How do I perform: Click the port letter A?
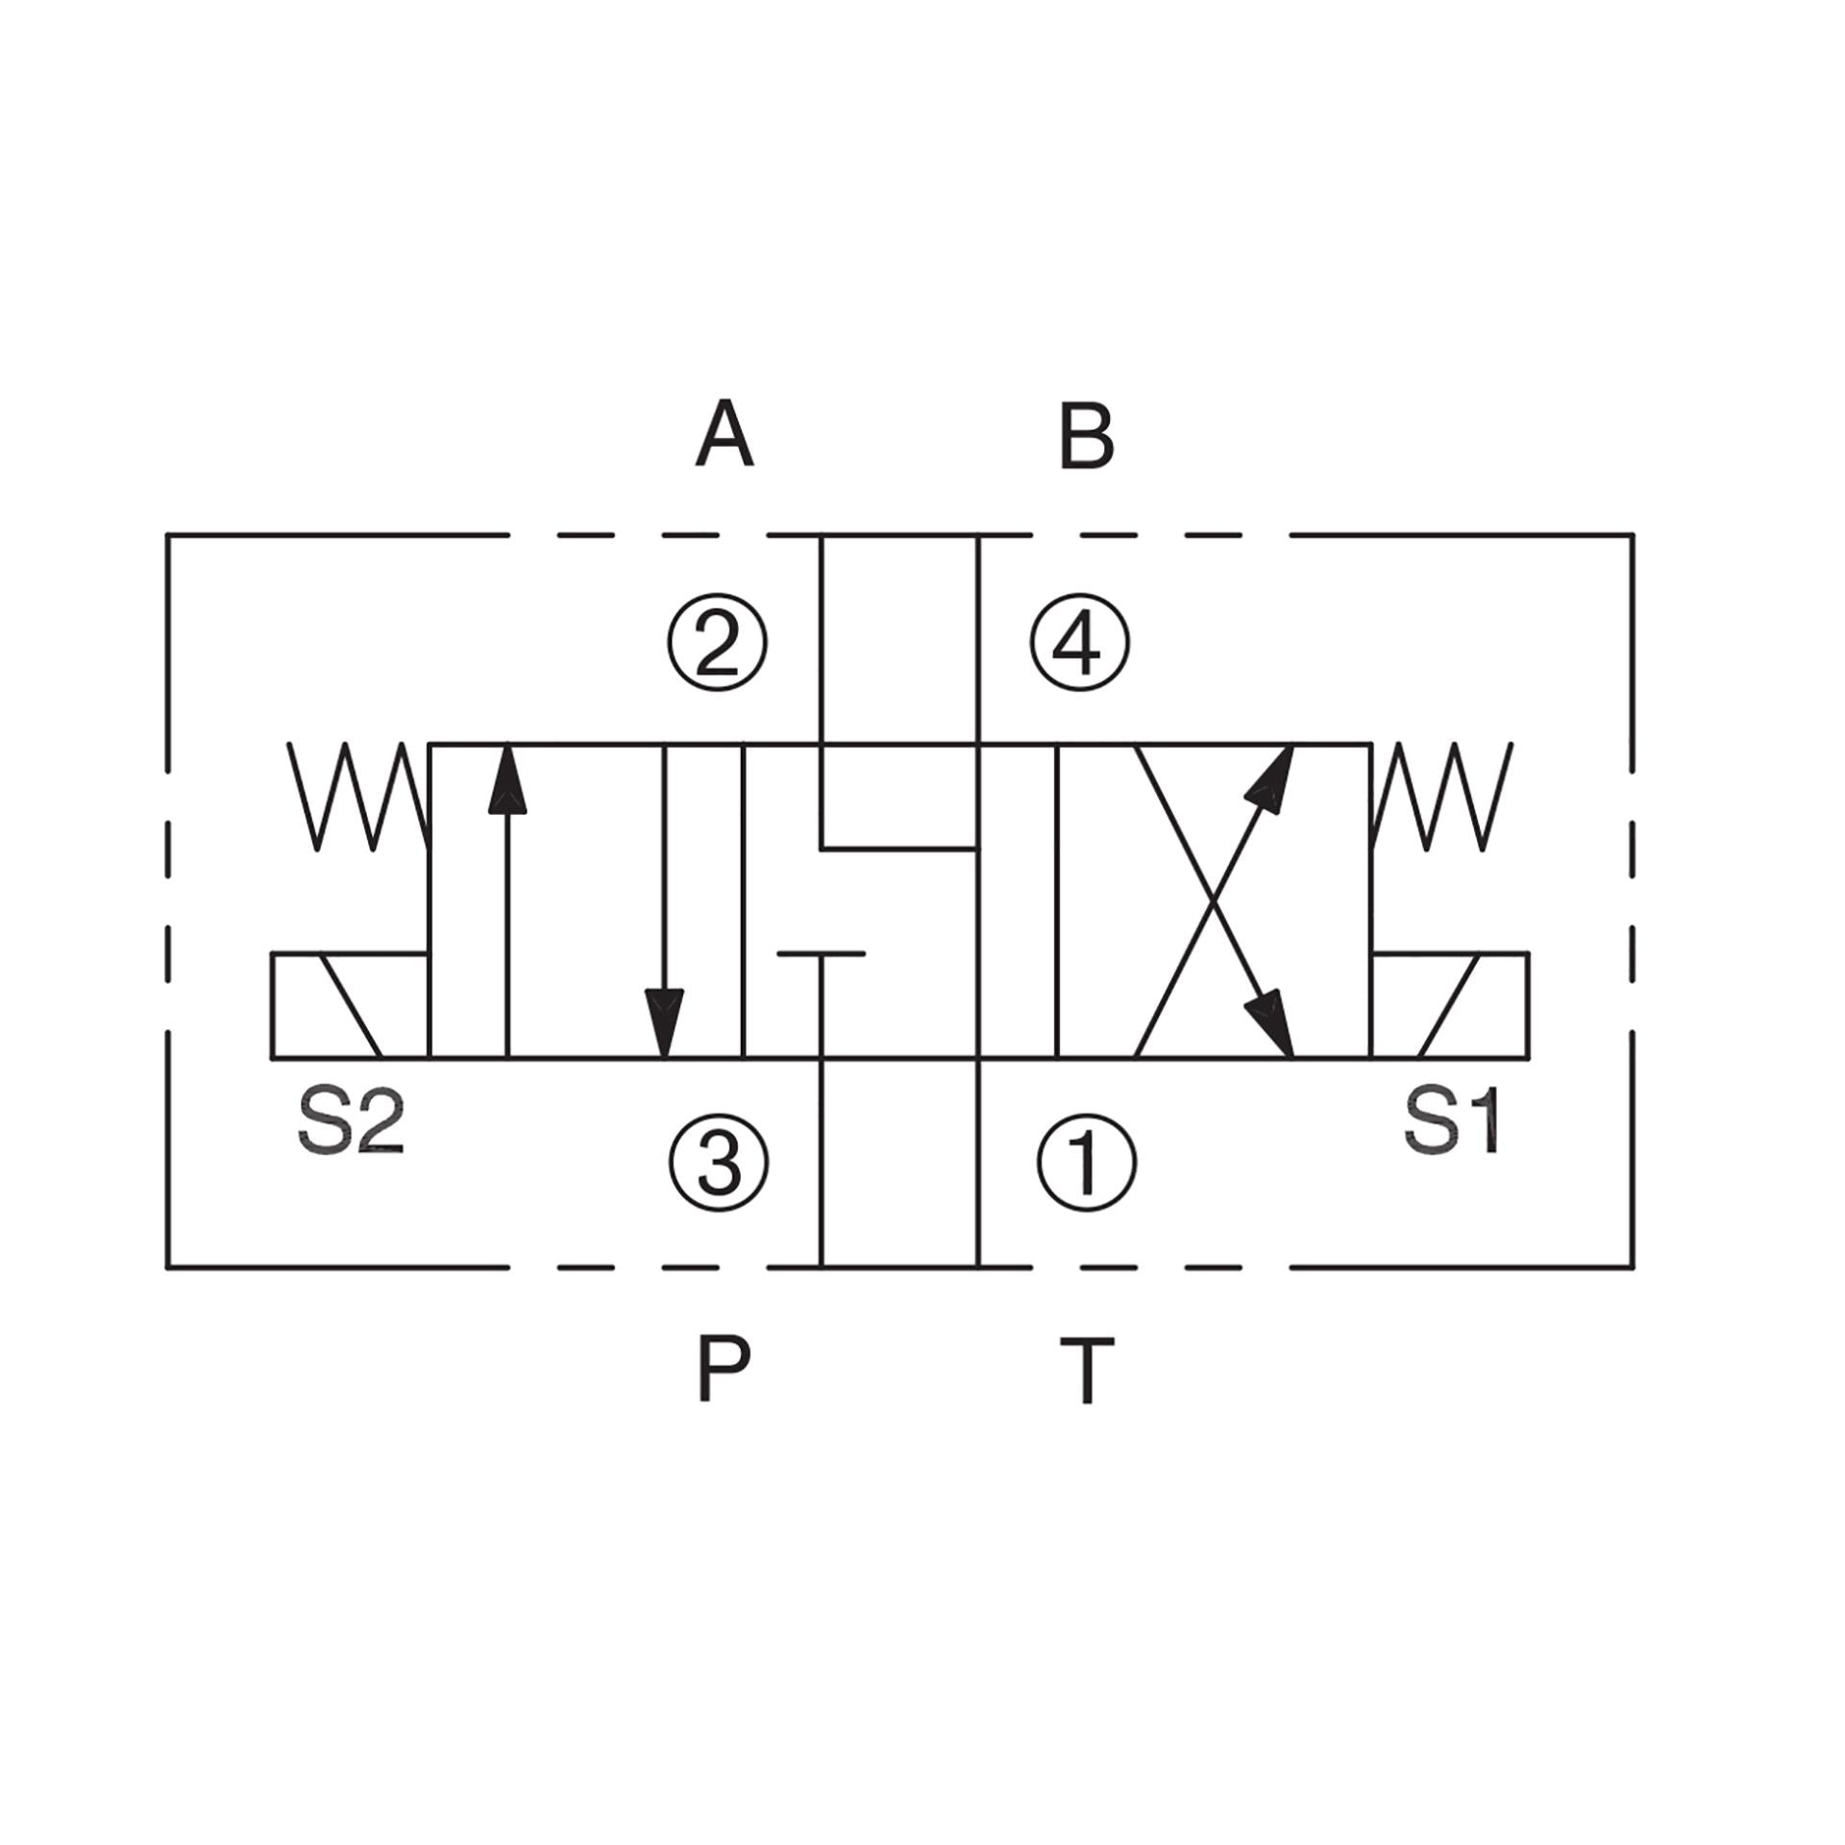coord(725,435)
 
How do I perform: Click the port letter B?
coord(1086,436)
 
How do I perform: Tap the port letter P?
coord(723,1368)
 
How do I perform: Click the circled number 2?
coord(718,643)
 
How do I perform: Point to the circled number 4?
coord(1079,642)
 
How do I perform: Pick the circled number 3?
coord(719,1163)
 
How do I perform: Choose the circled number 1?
coord(1087,1163)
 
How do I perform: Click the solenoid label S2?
coord(352,1121)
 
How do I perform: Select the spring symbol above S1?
coord(1442,797)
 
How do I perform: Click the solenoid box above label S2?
coord(350,1006)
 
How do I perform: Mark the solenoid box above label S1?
coord(1450,1006)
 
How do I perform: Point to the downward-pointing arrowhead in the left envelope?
coord(665,1024)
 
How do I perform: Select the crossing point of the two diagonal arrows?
coord(1215,901)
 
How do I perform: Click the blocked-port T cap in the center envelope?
coord(821,954)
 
